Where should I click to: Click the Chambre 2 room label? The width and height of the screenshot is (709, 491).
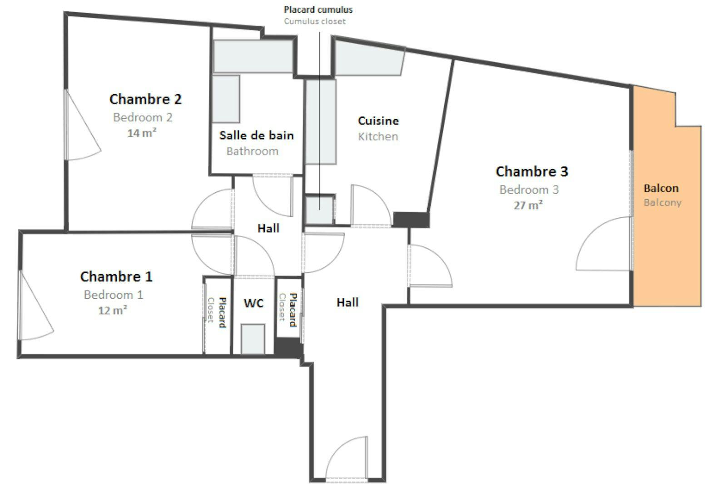pos(145,99)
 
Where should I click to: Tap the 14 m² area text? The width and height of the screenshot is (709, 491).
pos(142,133)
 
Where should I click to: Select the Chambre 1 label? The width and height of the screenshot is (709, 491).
pos(116,276)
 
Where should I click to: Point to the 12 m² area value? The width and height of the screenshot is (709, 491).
pos(112,311)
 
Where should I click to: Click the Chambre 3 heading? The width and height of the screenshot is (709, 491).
pos(531,171)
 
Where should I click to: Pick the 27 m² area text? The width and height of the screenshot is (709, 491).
pos(528,205)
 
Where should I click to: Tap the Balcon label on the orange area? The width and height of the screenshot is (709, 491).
pos(661,188)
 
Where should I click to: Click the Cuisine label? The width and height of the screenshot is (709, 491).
pos(378,121)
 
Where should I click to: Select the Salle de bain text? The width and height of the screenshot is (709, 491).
pos(256,135)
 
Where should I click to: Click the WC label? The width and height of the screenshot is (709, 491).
pos(253,303)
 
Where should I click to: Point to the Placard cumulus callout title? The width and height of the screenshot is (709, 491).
pos(318,10)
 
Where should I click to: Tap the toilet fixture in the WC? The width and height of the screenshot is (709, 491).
pos(253,339)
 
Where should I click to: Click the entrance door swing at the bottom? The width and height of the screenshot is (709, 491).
pos(345,459)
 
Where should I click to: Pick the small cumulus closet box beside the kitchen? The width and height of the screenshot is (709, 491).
pos(319,209)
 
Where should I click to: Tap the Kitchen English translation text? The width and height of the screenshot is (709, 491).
pos(378,136)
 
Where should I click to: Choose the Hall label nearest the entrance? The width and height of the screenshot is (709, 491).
pos(347,302)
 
